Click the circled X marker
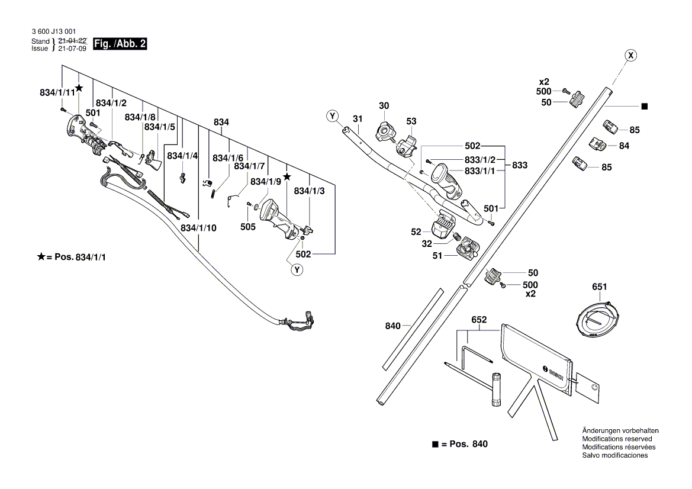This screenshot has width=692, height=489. coord(631,56)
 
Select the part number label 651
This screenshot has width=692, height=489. coord(599,287)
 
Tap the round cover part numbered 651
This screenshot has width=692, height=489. coord(598,319)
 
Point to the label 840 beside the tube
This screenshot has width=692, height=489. coord(393,325)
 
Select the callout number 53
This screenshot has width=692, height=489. coord(411,121)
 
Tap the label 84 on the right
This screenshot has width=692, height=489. coord(625,145)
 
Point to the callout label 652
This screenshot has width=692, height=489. coord(479,320)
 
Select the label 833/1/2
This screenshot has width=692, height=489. coord(480,160)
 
